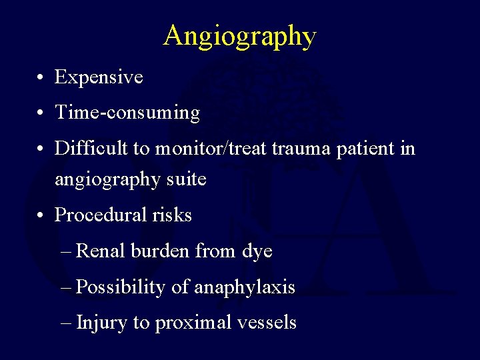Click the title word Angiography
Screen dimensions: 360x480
[240, 36]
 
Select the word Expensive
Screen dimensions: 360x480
[99, 77]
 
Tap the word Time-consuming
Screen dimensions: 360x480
[127, 113]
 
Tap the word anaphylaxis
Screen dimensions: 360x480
[244, 287]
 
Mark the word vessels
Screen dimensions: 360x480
[267, 323]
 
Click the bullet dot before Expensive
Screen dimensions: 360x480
[41, 79]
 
